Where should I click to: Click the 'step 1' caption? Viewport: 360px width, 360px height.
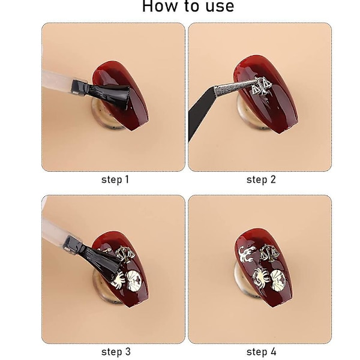point(115,179)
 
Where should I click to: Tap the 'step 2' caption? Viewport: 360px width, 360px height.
point(261,179)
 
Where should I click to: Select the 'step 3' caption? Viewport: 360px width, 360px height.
point(116,352)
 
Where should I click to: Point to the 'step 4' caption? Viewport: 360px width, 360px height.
point(262,352)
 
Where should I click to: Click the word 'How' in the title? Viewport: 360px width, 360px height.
point(161,6)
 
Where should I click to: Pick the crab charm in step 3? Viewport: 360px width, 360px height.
point(118,280)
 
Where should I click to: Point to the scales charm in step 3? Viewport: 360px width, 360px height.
point(125,254)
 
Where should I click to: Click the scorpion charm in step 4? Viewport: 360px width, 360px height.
point(245,254)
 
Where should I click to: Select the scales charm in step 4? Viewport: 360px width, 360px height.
point(271,253)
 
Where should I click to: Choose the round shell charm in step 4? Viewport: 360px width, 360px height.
point(278,280)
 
